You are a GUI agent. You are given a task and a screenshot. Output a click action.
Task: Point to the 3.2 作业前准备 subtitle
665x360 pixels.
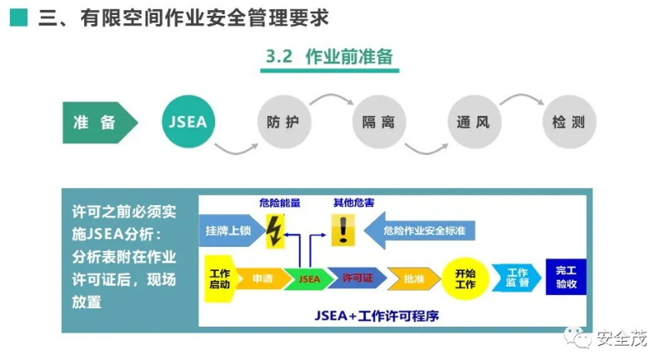coord(328,57)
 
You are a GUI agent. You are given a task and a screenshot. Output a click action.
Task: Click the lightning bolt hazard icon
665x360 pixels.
coord(274,231)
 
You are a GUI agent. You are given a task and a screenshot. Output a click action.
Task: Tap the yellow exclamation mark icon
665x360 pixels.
coord(342,228)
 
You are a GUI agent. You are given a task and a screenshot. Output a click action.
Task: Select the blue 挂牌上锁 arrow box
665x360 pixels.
coord(227,230)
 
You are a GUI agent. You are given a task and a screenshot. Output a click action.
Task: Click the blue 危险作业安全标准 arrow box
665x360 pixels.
coord(422,229)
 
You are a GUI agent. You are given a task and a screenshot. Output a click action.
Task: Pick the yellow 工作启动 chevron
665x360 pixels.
coord(219,278)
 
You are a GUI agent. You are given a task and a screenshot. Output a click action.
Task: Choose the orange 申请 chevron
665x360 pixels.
coord(262,278)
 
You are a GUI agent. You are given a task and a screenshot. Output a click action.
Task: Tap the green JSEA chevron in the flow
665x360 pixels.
coord(307,278)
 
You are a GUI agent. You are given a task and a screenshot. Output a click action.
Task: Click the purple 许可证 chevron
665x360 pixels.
coord(357,278)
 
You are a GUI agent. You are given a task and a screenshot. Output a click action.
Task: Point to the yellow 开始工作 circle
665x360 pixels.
coord(465,278)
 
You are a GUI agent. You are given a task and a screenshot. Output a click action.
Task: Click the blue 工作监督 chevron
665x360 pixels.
coord(516,278)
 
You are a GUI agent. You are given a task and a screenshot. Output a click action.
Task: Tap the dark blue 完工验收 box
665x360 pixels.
coord(566,277)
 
